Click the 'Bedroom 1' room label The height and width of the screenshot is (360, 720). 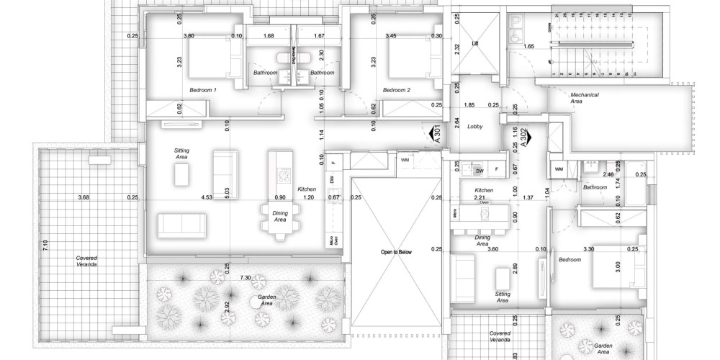(x=203, y=90)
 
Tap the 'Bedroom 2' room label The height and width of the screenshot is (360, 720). (x=396, y=90)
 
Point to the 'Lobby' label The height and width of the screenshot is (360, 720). (x=474, y=126)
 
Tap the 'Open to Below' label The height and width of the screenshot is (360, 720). (x=396, y=253)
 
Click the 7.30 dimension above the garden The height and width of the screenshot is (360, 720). (x=245, y=277)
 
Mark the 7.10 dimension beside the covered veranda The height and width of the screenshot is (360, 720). (x=45, y=245)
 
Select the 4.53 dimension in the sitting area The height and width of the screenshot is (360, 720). (x=208, y=197)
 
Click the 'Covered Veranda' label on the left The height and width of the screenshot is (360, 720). (x=87, y=261)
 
